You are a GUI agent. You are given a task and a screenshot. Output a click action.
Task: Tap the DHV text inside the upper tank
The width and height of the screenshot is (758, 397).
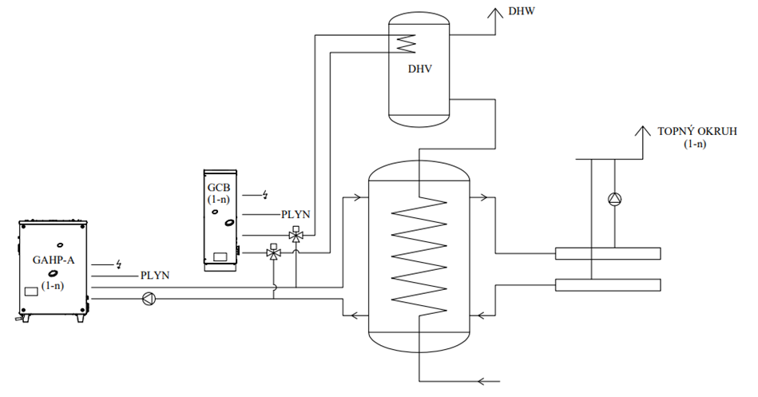(419, 69)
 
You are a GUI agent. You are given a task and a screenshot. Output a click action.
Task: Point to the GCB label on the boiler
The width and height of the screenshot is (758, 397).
(219, 186)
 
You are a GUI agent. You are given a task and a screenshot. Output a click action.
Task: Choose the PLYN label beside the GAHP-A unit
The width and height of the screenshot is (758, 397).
(154, 276)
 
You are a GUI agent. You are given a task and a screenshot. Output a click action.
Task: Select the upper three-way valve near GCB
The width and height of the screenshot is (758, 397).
(296, 236)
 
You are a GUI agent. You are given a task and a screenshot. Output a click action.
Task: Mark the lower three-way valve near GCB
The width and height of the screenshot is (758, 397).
(274, 254)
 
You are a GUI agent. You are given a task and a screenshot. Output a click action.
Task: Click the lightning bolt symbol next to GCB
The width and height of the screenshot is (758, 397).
(266, 194)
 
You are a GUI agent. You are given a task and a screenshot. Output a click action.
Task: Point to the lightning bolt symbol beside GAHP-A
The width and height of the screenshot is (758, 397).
(119, 263)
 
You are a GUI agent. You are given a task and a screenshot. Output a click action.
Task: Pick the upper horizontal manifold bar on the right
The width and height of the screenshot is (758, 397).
(608, 254)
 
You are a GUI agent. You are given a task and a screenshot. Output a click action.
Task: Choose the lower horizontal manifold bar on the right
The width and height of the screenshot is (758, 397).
(608, 284)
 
